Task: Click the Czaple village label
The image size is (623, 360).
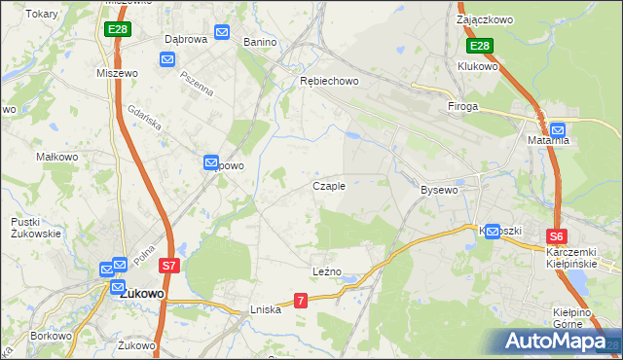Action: click(x=328, y=186)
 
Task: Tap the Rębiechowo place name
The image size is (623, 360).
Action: click(x=328, y=81)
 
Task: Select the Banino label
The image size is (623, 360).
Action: click(x=260, y=43)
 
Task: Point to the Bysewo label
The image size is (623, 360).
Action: click(x=438, y=190)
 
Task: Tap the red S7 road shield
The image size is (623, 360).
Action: click(x=168, y=265)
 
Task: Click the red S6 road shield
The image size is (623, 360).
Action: click(x=556, y=236)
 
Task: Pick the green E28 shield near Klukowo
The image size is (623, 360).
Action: click(x=479, y=46)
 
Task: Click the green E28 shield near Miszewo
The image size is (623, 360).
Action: click(x=117, y=29)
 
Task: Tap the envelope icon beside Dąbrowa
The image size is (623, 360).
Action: click(x=221, y=32)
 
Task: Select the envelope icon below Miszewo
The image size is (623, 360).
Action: click(x=166, y=60)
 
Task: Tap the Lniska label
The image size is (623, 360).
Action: click(x=265, y=309)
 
